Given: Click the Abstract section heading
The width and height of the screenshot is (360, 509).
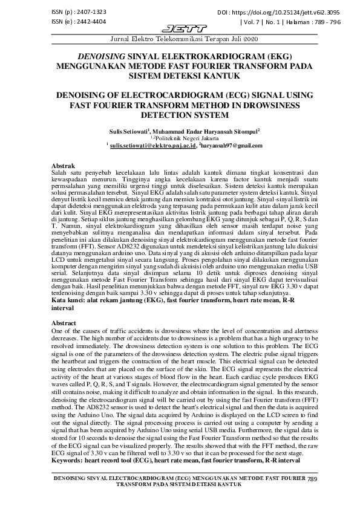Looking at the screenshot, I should pyautogui.click(x=65, y=324).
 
